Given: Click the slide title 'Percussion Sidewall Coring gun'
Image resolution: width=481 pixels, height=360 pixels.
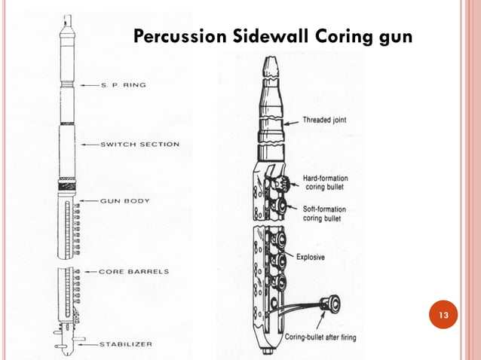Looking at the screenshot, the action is pos(272,36).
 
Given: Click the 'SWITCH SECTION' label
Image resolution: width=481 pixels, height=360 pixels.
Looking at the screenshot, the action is pos(139,145).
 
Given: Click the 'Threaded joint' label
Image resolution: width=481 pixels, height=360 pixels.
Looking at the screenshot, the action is pos(325,119).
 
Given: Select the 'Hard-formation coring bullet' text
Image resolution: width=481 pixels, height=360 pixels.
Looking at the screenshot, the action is pos(326,183).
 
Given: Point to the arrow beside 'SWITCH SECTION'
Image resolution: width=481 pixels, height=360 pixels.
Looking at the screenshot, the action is pos(87,145).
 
